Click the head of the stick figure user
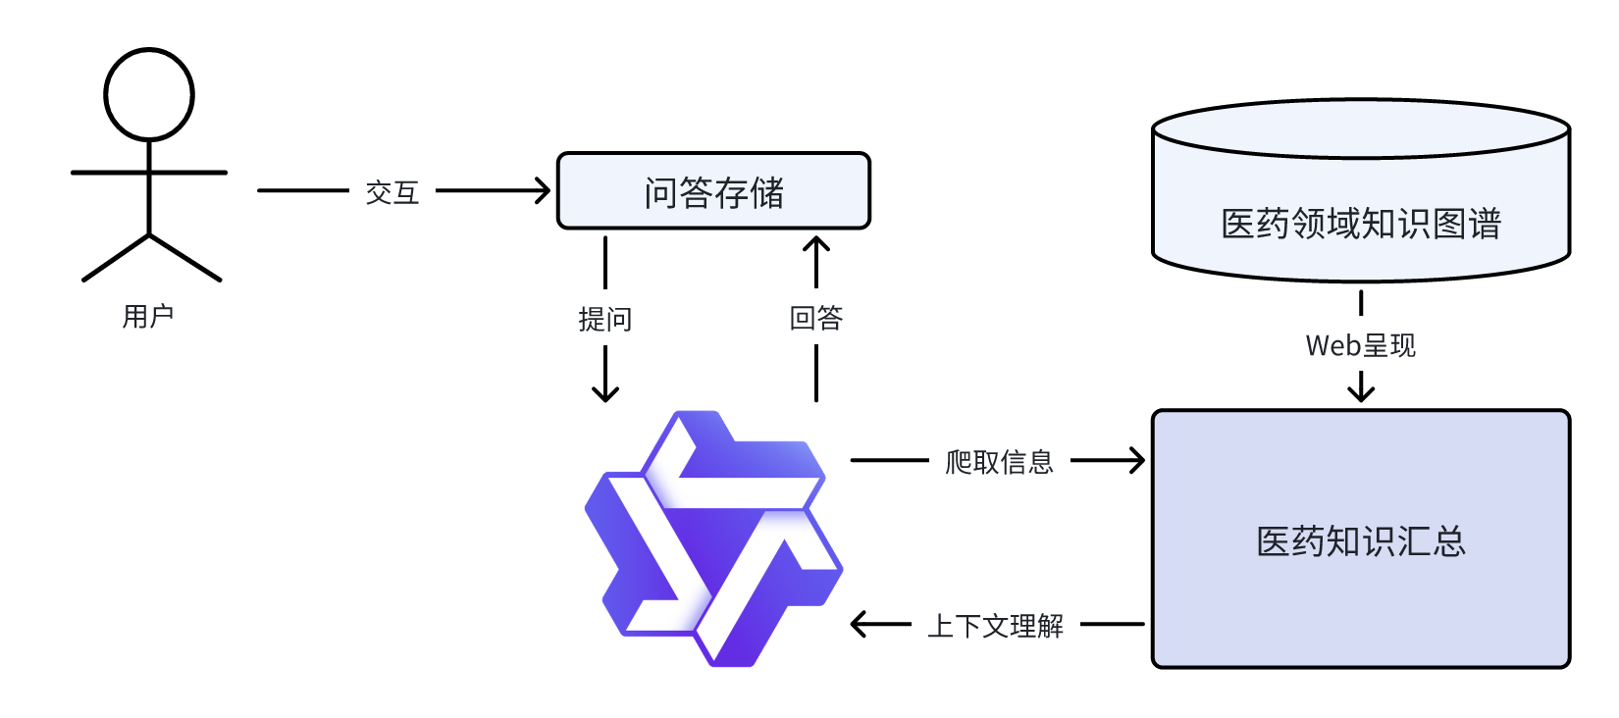(x=149, y=95)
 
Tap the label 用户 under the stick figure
(x=148, y=316)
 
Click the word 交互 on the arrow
(x=392, y=192)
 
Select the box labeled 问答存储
(x=713, y=191)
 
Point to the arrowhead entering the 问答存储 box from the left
(x=544, y=190)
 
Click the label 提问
(x=605, y=319)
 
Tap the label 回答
(x=816, y=318)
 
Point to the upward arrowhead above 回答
(x=816, y=243)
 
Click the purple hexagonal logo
(x=714, y=539)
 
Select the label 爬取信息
(x=999, y=461)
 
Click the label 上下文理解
(x=996, y=625)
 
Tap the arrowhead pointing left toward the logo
(x=858, y=624)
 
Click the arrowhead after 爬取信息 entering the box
(x=1138, y=460)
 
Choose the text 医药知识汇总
(x=1361, y=541)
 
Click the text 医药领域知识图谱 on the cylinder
(x=1361, y=225)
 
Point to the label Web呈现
(x=1361, y=345)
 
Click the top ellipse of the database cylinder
(x=1361, y=128)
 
